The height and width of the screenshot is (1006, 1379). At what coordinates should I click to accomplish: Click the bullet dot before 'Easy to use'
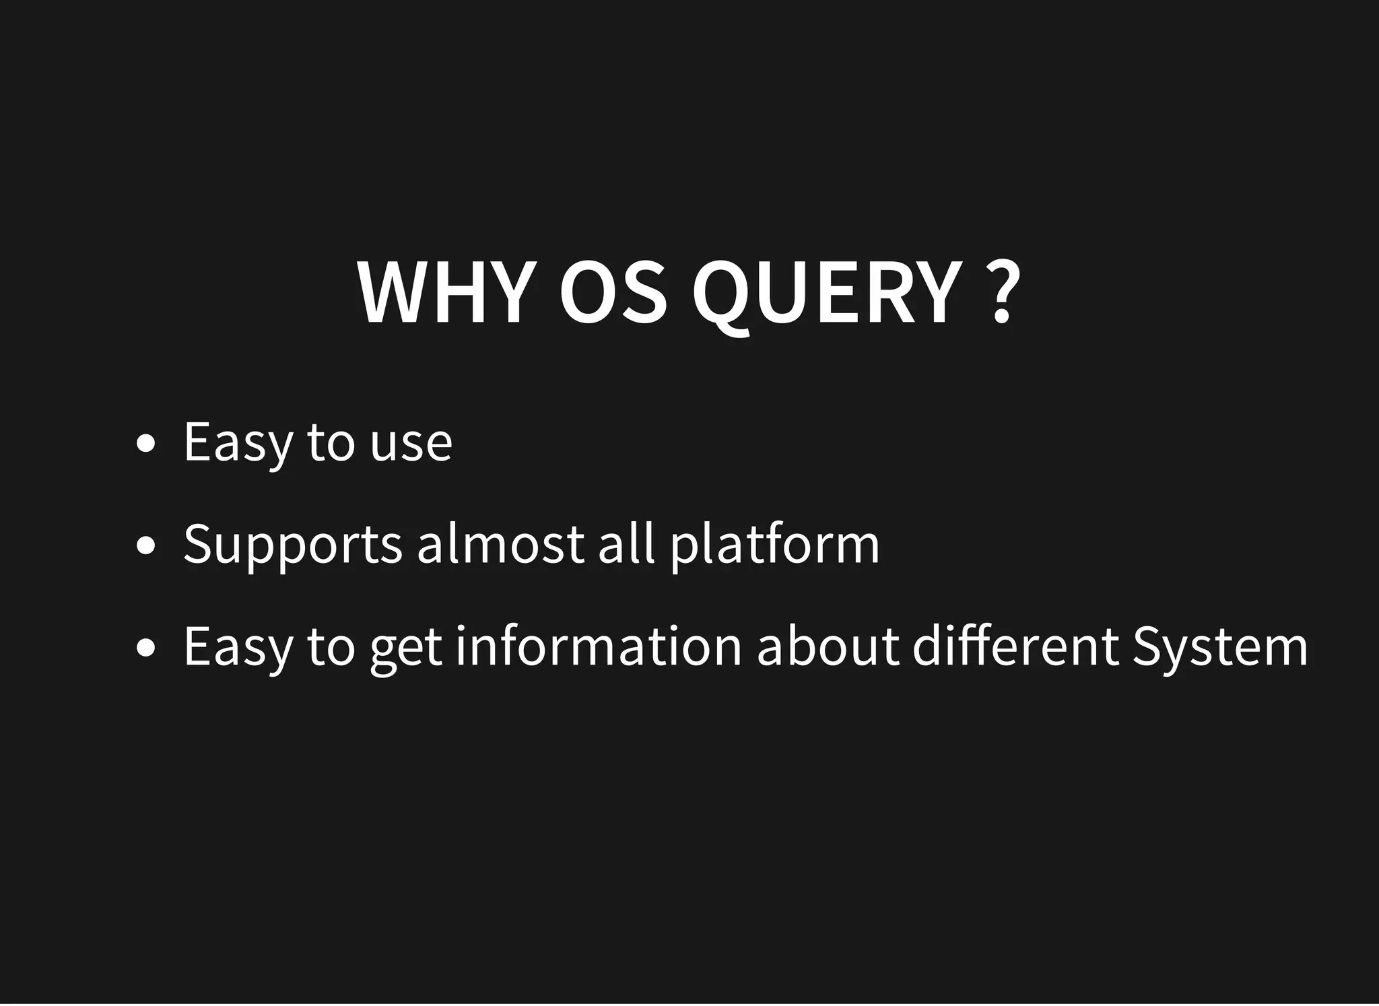click(145, 444)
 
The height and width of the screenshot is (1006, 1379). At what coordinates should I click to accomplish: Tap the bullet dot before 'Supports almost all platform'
click(145, 545)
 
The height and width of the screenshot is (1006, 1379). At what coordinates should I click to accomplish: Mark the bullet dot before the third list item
click(145, 648)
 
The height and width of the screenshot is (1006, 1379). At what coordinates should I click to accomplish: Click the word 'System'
click(1219, 646)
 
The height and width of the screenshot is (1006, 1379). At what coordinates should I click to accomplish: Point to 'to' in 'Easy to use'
click(331, 444)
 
